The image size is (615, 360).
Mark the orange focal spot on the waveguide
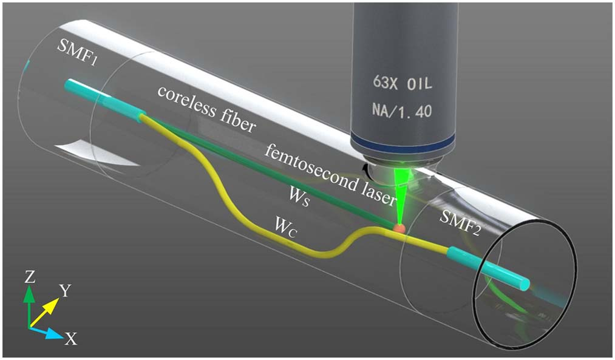(x=399, y=229)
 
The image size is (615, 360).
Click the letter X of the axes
(x=71, y=339)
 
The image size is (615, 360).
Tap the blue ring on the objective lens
(x=403, y=143)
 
